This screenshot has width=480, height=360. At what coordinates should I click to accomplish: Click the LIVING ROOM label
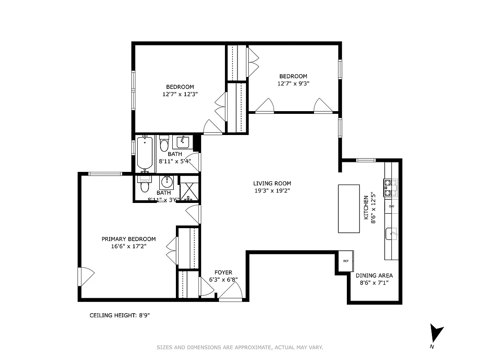click(x=272, y=183)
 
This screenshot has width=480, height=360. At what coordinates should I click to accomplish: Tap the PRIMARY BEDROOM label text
click(x=128, y=239)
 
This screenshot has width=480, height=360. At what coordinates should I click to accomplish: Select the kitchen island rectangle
click(x=349, y=208)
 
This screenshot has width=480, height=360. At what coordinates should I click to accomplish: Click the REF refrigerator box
click(x=346, y=261)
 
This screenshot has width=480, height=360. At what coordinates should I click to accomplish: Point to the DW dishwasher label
click(x=391, y=206)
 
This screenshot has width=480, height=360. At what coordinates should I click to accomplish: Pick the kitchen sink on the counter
click(x=391, y=234)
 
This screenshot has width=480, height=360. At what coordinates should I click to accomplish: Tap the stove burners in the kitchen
click(x=390, y=188)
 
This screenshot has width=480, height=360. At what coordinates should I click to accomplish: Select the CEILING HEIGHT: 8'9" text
click(x=120, y=315)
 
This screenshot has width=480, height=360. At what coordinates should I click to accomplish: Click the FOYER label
click(x=223, y=272)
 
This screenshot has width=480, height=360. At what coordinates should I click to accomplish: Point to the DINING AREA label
click(x=374, y=275)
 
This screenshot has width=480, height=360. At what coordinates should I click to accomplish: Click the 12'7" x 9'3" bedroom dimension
click(x=293, y=83)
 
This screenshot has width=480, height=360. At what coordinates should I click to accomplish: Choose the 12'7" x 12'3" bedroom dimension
click(x=180, y=94)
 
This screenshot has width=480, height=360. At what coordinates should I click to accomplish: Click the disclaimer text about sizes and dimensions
click(x=240, y=347)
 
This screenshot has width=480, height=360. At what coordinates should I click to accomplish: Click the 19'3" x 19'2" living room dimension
click(x=272, y=190)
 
